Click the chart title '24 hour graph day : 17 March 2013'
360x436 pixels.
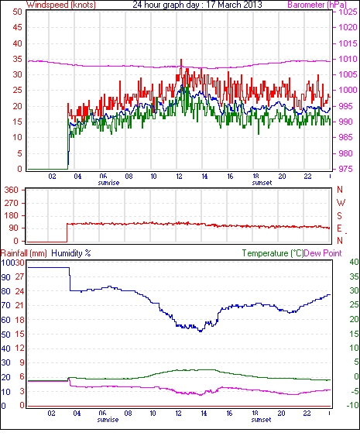(197, 5)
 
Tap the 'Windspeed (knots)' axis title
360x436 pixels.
(61, 5)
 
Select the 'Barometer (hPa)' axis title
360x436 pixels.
(317, 5)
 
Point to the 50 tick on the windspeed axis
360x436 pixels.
(17, 12)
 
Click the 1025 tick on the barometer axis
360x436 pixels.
(348, 12)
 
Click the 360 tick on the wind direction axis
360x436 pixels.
(12, 191)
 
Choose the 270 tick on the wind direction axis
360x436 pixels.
(12, 203)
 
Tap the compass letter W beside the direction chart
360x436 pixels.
(341, 203)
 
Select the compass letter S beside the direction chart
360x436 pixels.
(339, 215)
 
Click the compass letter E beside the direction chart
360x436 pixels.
(339, 228)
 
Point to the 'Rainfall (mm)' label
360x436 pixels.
(24, 253)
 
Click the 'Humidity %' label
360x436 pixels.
(71, 253)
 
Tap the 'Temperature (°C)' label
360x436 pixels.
(273, 253)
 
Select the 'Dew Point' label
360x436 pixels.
(323, 253)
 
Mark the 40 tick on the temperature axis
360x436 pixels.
(354, 262)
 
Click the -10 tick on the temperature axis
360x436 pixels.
(353, 406)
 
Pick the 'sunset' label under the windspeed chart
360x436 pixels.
(262, 183)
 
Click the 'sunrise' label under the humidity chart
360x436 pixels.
(108, 420)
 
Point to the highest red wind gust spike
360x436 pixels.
(181, 60)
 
